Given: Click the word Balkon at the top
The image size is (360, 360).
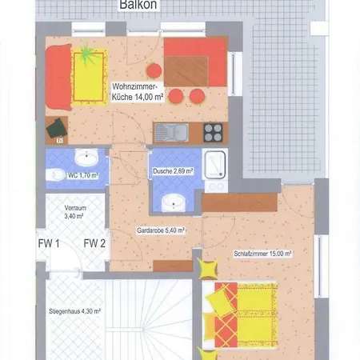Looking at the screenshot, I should (x=139, y=5).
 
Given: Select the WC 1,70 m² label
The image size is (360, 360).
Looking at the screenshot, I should (x=82, y=175).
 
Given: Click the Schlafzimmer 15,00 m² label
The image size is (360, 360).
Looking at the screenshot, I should (x=263, y=254).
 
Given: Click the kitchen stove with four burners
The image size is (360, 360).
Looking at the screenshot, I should (x=214, y=131).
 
